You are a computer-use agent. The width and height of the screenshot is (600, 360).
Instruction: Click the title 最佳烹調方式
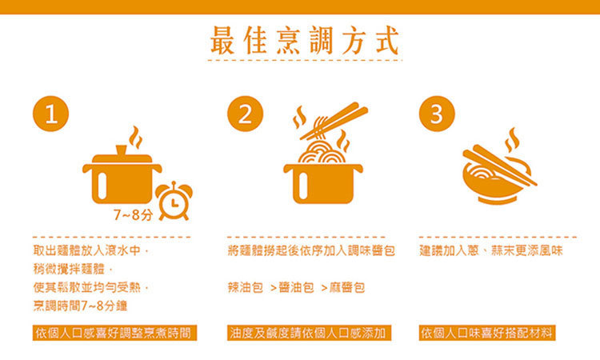[305, 41]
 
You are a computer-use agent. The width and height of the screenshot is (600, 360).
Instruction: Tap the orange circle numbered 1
[51, 114]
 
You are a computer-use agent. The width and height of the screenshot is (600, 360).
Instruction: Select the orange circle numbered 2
[246, 114]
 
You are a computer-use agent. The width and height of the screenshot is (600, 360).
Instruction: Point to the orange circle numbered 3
[437, 114]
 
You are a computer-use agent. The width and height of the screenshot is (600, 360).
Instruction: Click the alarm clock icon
[174, 201]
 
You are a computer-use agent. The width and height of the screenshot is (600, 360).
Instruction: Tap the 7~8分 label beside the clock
[133, 215]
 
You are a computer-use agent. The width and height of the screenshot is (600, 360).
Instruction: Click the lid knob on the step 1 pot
[122, 150]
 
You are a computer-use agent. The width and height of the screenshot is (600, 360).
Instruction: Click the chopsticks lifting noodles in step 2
[334, 120]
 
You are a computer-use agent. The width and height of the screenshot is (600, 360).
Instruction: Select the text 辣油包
[246, 287]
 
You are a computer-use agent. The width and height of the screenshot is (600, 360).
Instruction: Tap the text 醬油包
[296, 287]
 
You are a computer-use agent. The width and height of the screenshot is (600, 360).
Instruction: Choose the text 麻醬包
[347, 287]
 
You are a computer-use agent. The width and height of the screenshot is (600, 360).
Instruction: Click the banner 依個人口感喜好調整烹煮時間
[114, 333]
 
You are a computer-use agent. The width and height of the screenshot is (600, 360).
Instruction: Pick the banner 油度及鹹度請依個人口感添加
[309, 333]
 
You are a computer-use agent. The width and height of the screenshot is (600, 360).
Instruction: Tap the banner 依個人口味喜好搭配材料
[487, 333]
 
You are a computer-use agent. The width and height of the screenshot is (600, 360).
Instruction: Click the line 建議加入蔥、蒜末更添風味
[491, 250]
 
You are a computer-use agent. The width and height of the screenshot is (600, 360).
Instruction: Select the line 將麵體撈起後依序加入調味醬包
[311, 250]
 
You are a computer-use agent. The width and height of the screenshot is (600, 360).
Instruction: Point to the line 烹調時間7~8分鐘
[80, 306]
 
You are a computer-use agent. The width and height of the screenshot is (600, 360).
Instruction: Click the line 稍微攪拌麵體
[73, 269]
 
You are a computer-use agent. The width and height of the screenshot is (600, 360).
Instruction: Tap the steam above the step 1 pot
[136, 137]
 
